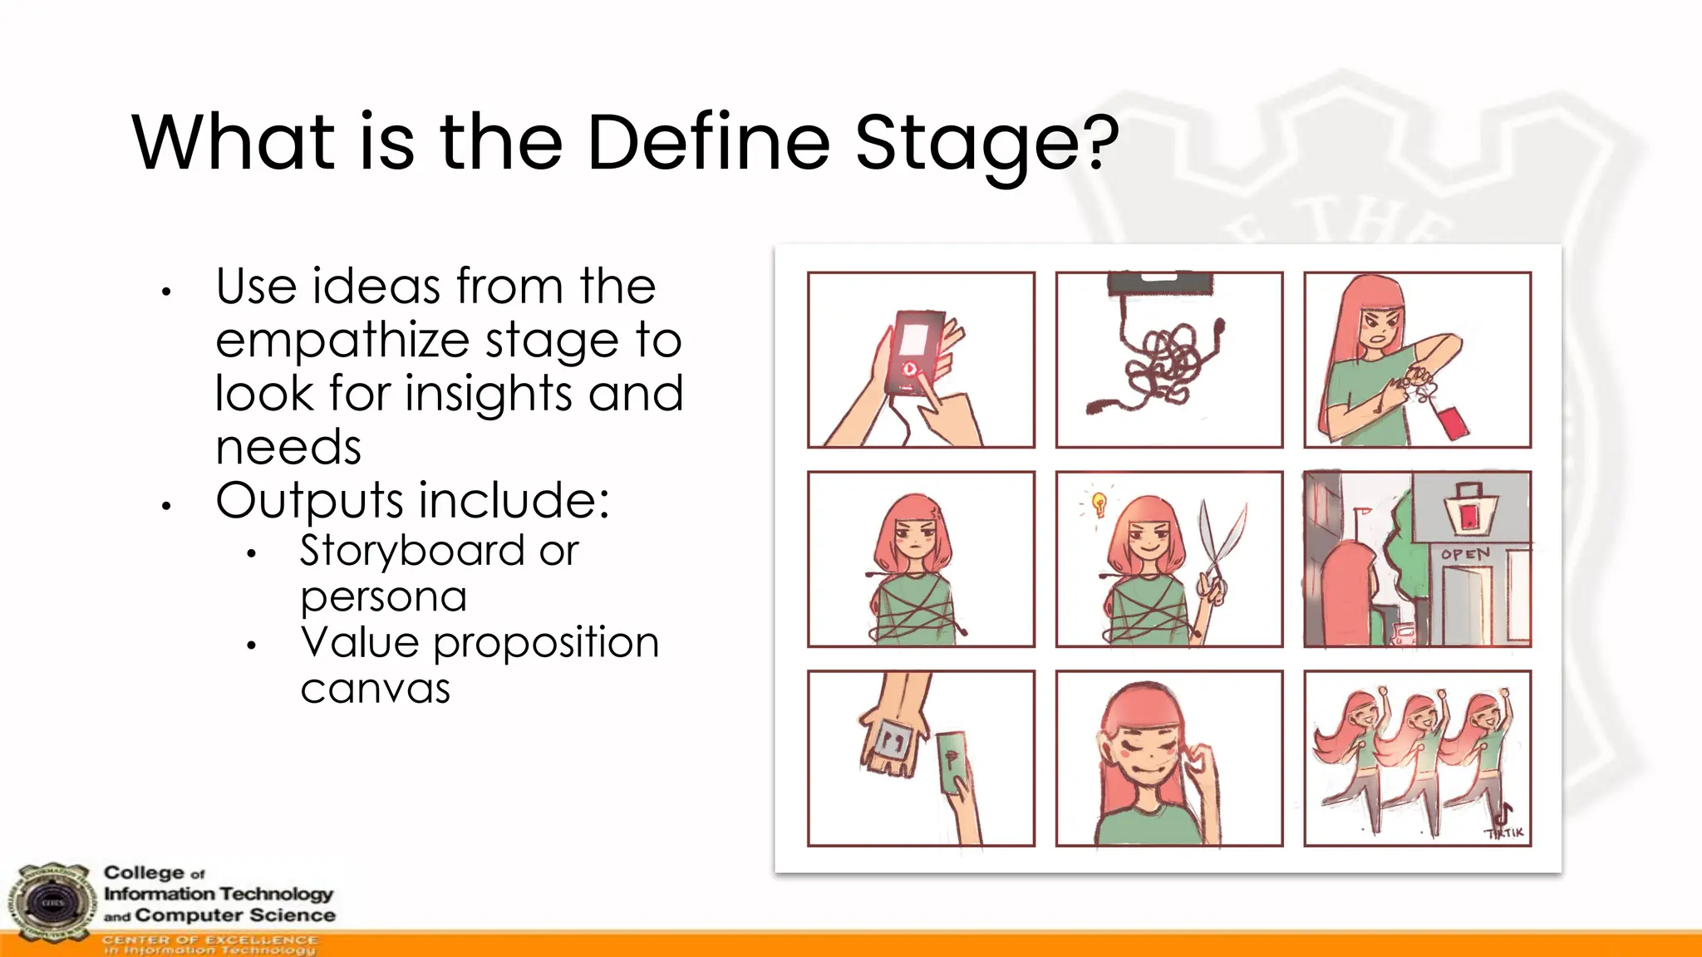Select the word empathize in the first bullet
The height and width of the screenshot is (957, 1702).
coord(340,341)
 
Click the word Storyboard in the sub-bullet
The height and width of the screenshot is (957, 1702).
coord(411,551)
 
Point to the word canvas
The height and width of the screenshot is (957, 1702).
coord(375,689)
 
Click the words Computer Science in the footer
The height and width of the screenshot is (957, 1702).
coord(235,915)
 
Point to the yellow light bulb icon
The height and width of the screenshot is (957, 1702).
coord(1099,503)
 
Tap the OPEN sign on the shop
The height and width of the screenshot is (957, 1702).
coord(1465,554)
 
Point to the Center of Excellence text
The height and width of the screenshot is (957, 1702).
coord(209,940)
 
